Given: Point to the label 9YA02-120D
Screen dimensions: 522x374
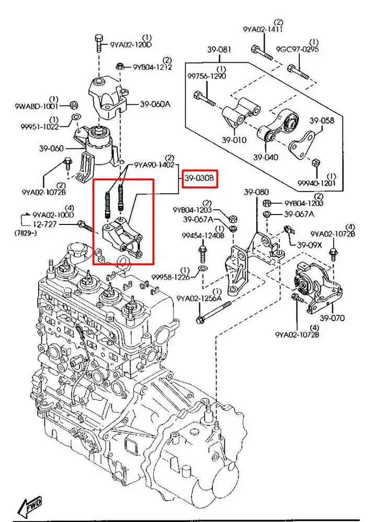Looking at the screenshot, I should point(131,45).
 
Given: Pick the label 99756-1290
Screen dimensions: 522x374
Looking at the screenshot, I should point(207,76).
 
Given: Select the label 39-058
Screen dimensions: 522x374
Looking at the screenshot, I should point(321,121).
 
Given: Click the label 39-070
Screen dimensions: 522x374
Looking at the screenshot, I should point(333,318).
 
